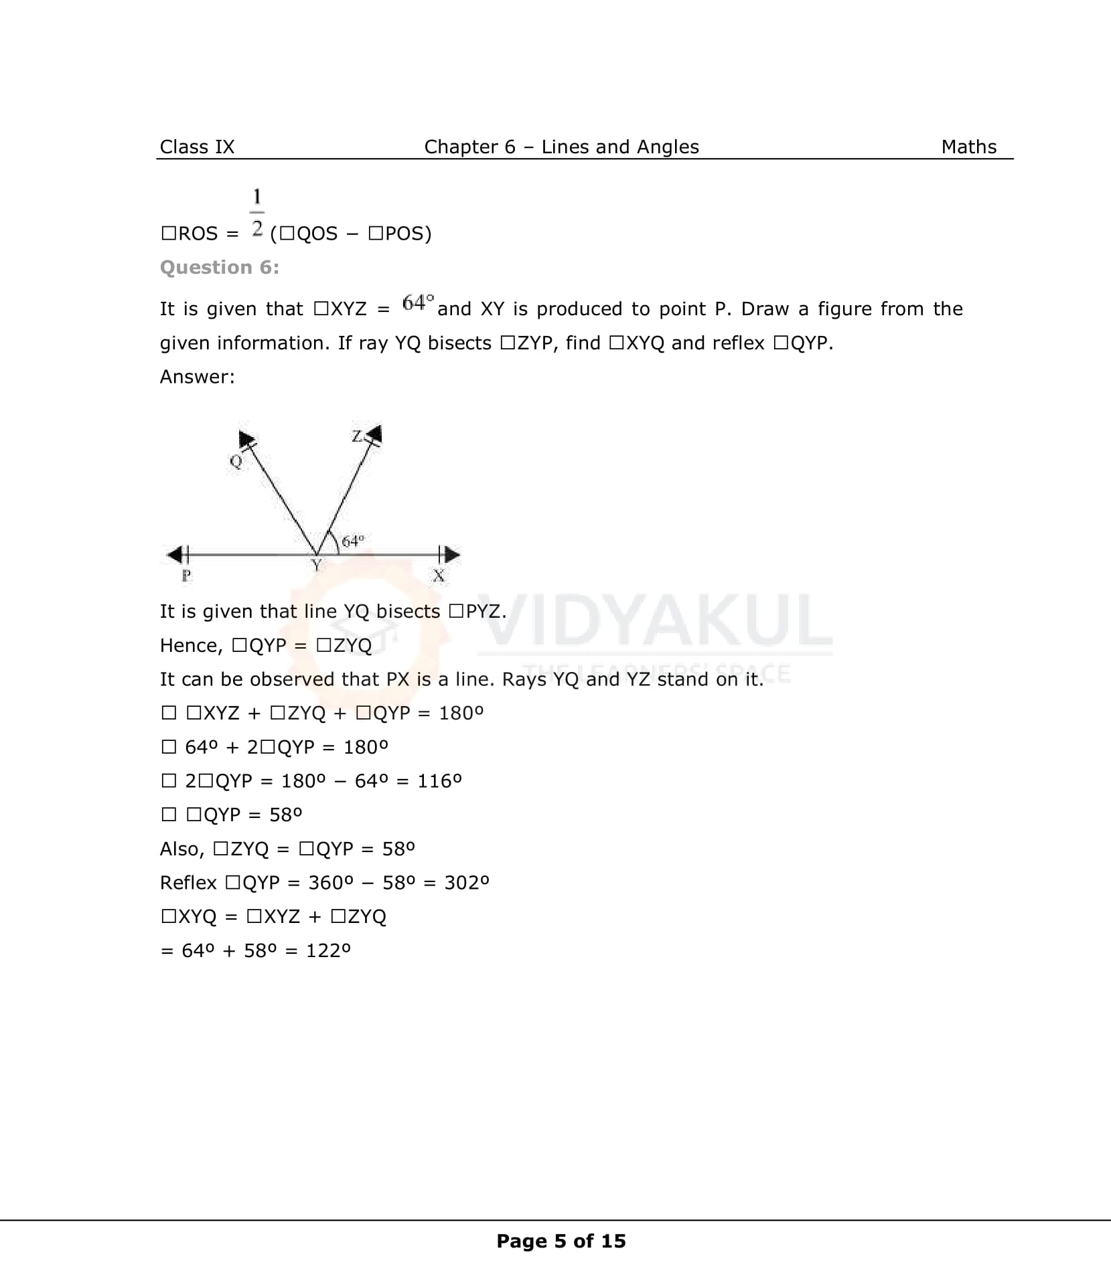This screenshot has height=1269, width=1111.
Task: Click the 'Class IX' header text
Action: pyautogui.click(x=197, y=147)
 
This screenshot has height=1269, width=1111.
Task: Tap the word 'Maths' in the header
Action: pyautogui.click(x=968, y=147)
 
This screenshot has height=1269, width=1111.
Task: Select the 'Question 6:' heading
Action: pyautogui.click(x=220, y=267)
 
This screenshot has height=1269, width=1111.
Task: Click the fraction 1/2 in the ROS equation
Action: pyautogui.click(x=257, y=212)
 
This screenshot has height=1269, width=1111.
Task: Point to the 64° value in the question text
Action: pyautogui.click(x=418, y=303)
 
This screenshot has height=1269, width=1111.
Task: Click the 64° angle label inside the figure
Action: pyautogui.click(x=353, y=540)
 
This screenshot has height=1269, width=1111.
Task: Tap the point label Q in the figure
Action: pyautogui.click(x=236, y=461)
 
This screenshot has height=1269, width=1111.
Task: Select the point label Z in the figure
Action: pyautogui.click(x=358, y=436)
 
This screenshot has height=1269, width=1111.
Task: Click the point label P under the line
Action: pyautogui.click(x=186, y=575)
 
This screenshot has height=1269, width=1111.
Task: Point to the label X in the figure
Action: pyautogui.click(x=439, y=575)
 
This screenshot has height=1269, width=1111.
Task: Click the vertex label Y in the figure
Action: pyautogui.click(x=317, y=566)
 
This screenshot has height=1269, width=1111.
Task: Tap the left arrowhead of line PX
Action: pyautogui.click(x=175, y=554)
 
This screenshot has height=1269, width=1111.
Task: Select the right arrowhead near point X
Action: pyautogui.click(x=452, y=554)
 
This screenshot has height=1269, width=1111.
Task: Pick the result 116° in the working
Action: pyautogui.click(x=439, y=780)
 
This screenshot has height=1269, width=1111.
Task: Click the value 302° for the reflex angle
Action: pyautogui.click(x=467, y=882)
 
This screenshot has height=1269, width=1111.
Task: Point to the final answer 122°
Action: pyautogui.click(x=328, y=950)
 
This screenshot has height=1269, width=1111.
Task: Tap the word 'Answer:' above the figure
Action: pyautogui.click(x=198, y=377)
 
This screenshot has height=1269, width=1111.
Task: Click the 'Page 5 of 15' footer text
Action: pyautogui.click(x=561, y=1241)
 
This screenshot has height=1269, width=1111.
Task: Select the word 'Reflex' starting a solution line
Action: pyautogui.click(x=188, y=882)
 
